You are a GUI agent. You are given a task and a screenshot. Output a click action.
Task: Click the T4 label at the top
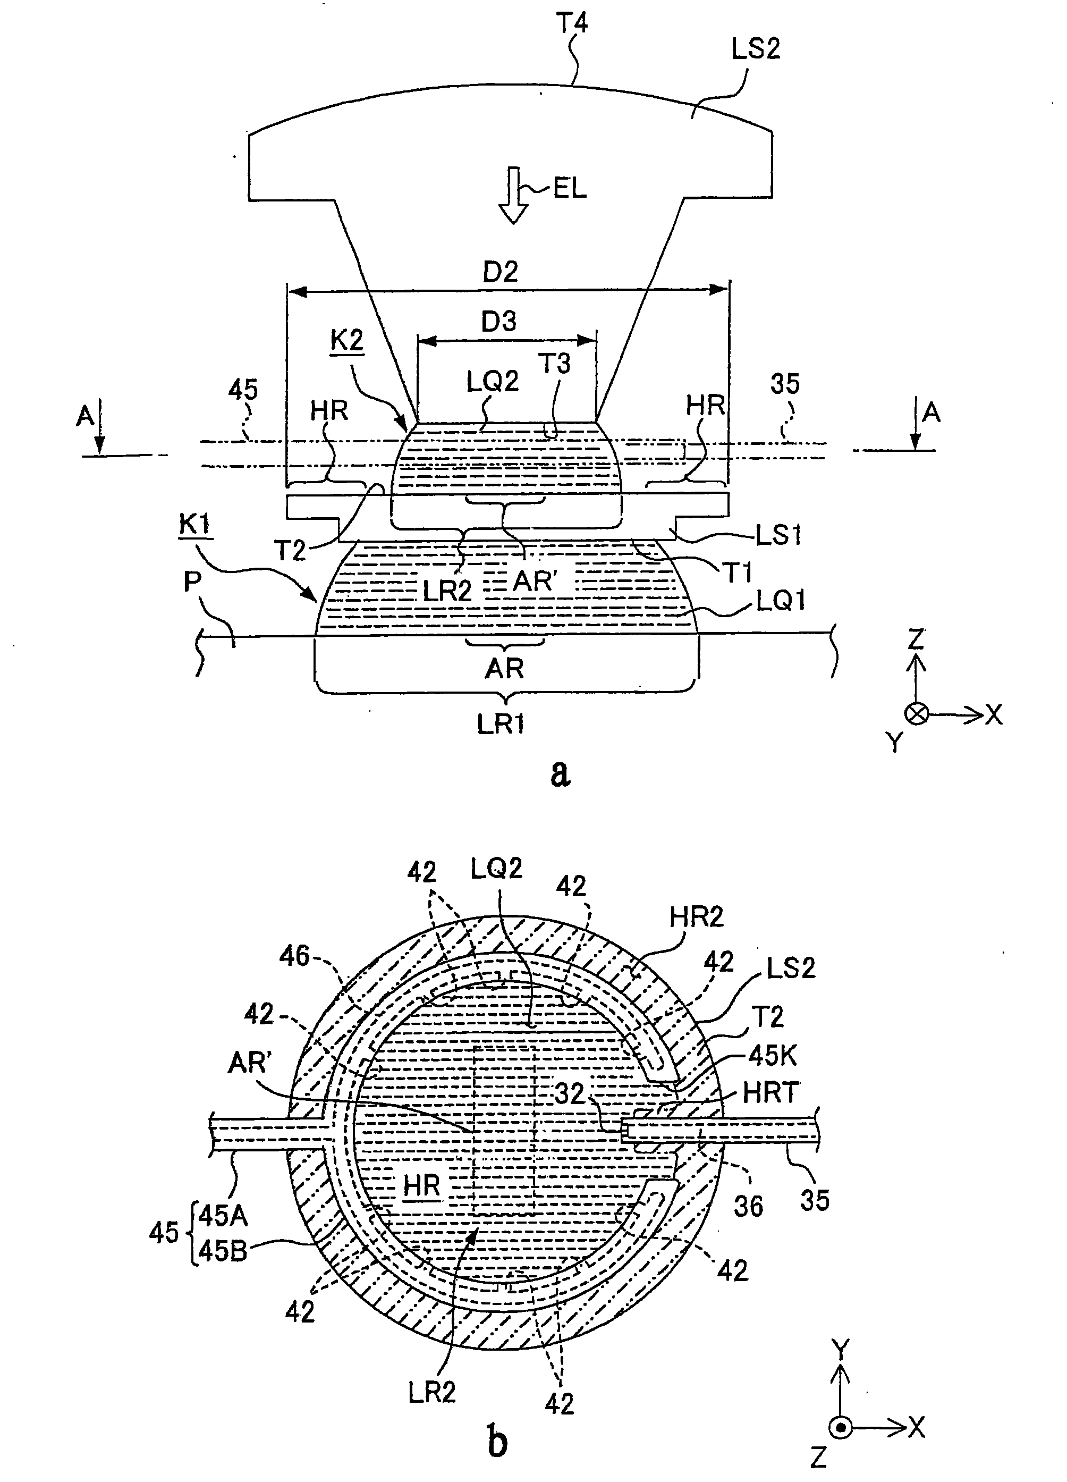click(x=572, y=24)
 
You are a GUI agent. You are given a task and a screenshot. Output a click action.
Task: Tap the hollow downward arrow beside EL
click(x=513, y=196)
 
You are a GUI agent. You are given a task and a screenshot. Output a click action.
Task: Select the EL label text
click(x=569, y=189)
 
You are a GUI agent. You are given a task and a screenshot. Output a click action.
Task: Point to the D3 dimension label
click(x=498, y=322)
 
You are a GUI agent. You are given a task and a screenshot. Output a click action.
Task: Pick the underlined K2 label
click(x=347, y=342)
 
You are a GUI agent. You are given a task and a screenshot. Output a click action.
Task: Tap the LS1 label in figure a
click(x=778, y=536)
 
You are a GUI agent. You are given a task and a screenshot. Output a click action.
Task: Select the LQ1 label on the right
click(x=780, y=600)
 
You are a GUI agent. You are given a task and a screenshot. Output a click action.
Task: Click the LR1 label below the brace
click(x=501, y=723)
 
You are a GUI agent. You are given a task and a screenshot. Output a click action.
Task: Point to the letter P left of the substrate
click(x=191, y=582)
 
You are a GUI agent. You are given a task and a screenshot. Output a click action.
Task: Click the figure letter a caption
click(x=560, y=773)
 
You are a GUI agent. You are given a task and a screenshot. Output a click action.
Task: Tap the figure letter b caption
click(x=497, y=1441)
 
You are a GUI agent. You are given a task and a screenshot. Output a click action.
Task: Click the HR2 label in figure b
click(x=697, y=917)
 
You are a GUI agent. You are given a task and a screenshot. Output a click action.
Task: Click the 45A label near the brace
click(x=223, y=1216)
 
